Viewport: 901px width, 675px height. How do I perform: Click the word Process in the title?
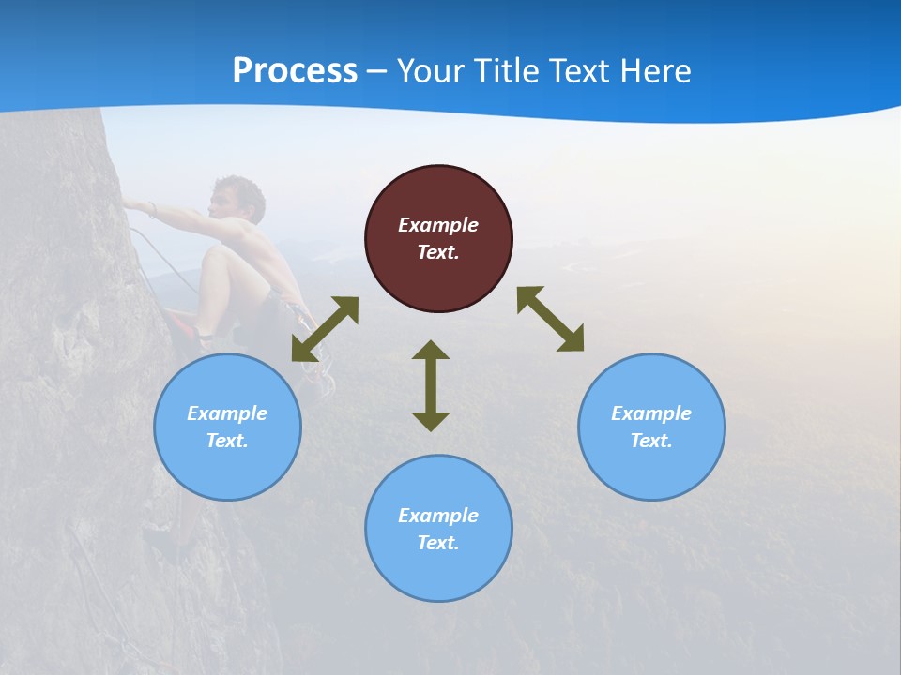[295, 71]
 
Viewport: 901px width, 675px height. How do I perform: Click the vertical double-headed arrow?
[431, 385]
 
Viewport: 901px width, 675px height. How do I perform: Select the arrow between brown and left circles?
[325, 329]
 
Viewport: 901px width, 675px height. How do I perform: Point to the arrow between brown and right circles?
[551, 319]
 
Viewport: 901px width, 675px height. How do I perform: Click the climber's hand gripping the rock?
[131, 204]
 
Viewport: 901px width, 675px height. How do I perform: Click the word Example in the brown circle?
[438, 225]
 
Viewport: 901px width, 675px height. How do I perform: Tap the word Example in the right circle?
[651, 413]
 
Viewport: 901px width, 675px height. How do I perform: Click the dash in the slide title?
[377, 71]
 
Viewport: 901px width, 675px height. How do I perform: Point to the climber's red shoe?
[188, 329]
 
